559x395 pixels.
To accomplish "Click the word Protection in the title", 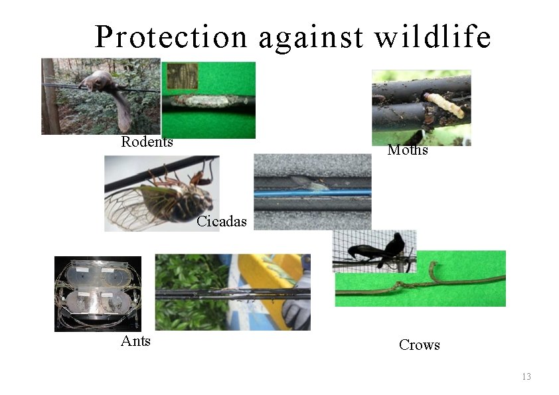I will pyautogui.click(x=171, y=37).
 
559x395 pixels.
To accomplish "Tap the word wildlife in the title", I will pyautogui.click(x=432, y=37).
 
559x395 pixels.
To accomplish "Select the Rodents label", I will pyautogui.click(x=147, y=141).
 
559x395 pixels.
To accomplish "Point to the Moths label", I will pyautogui.click(x=407, y=150).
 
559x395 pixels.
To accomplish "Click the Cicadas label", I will pyautogui.click(x=221, y=221).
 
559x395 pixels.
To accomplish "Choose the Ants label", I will pyautogui.click(x=135, y=341).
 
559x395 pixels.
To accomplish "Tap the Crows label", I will pyautogui.click(x=419, y=345).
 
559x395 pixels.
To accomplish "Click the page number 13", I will pyautogui.click(x=526, y=377).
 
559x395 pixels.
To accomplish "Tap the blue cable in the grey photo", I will pyautogui.click(x=312, y=193).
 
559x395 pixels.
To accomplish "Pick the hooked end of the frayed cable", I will pyautogui.click(x=434, y=269).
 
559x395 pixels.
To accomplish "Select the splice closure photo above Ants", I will pyautogui.click(x=98, y=293).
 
